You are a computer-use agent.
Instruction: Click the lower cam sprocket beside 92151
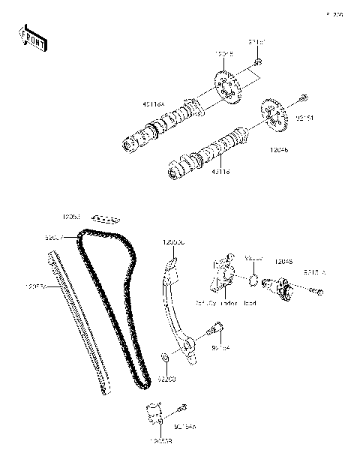[x=275, y=112]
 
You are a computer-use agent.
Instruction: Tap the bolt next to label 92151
[x=302, y=97]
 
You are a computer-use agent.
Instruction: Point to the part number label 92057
[x=55, y=237]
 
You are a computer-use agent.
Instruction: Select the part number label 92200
[x=166, y=379]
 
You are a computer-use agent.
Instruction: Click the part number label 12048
[x=283, y=262]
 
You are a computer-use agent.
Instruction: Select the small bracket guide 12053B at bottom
[x=154, y=415]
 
